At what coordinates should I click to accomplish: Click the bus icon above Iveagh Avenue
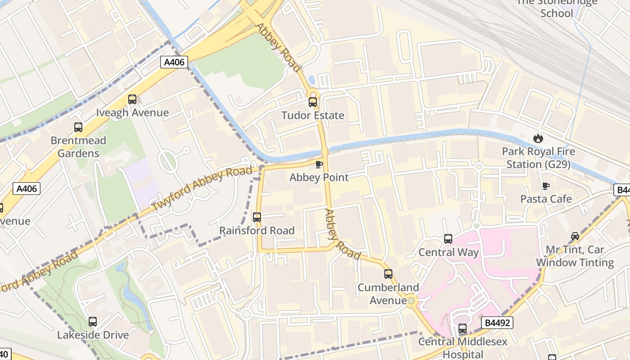tap(132, 99)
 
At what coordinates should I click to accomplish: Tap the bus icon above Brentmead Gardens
tap(78, 127)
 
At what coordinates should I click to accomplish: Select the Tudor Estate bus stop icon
tap(313, 102)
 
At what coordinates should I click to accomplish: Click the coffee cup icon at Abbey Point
tap(319, 164)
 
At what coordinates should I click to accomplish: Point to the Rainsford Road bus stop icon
tap(257, 217)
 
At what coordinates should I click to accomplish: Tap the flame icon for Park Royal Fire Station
tap(538, 138)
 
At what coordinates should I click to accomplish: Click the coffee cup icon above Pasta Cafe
tap(546, 186)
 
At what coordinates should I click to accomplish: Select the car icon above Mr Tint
tap(575, 236)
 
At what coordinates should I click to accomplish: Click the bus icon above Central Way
tap(448, 239)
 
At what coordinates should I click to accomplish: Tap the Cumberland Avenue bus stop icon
tap(388, 274)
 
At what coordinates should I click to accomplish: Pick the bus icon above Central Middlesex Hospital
tap(463, 328)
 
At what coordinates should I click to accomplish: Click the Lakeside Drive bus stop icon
tap(93, 322)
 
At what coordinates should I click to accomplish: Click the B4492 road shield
tap(497, 323)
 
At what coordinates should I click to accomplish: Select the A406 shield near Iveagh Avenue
tap(174, 62)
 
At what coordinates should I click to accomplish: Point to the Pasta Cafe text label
tap(546, 199)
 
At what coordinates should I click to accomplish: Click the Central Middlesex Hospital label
tap(463, 347)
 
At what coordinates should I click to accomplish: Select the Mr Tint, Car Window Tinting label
tap(575, 256)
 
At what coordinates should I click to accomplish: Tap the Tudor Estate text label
tap(313, 116)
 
